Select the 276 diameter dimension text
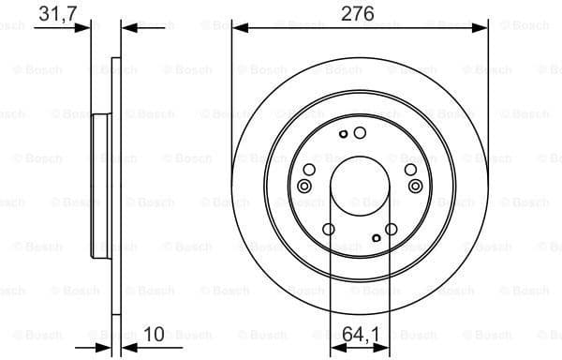(x=360, y=14)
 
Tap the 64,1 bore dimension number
(x=360, y=333)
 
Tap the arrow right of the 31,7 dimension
(x=130, y=28)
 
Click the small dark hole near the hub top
(x=344, y=134)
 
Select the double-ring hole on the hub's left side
(x=303, y=186)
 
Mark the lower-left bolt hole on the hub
(x=329, y=230)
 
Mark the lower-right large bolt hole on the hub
(x=392, y=228)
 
